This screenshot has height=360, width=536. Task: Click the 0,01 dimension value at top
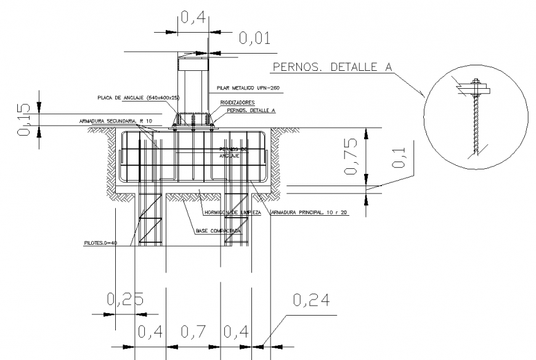(254, 39)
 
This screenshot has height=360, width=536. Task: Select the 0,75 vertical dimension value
(351, 157)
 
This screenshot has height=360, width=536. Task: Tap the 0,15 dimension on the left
(23, 118)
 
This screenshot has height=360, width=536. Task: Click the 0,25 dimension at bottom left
(125, 300)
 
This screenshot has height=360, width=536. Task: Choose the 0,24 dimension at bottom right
(311, 300)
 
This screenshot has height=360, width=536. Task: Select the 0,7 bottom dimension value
(193, 332)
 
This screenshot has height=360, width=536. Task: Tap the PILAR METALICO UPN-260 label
(248, 89)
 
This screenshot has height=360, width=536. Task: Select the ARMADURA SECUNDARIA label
(115, 121)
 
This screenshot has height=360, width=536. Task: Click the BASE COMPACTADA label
(218, 231)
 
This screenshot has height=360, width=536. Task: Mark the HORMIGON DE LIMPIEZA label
(232, 213)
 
